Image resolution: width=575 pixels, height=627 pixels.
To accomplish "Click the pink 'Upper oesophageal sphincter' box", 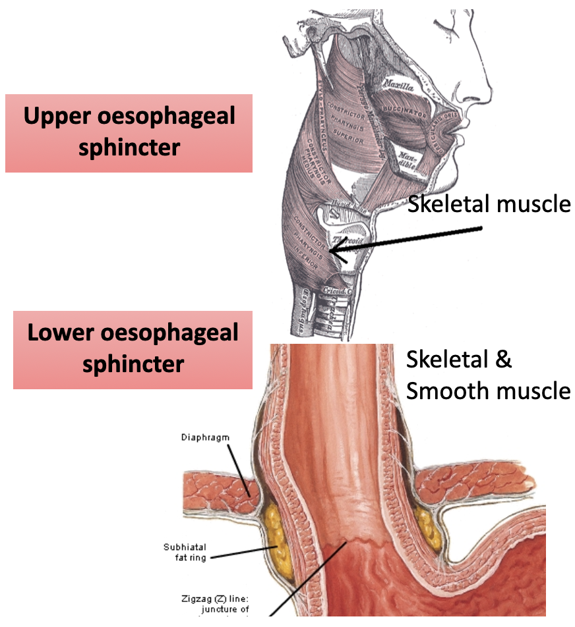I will click(x=129, y=133).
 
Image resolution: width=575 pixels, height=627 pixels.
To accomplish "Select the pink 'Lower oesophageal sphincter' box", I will click(x=133, y=349).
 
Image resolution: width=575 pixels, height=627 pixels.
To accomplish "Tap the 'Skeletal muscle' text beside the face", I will click(x=489, y=204).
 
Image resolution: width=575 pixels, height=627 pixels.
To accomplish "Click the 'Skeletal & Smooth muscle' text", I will click(x=487, y=375).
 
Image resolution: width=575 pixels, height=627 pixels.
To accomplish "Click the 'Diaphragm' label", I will click(x=205, y=437).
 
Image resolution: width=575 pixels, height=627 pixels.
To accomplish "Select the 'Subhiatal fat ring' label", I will click(x=185, y=552).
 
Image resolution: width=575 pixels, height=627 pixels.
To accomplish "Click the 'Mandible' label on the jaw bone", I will click(x=405, y=158).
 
